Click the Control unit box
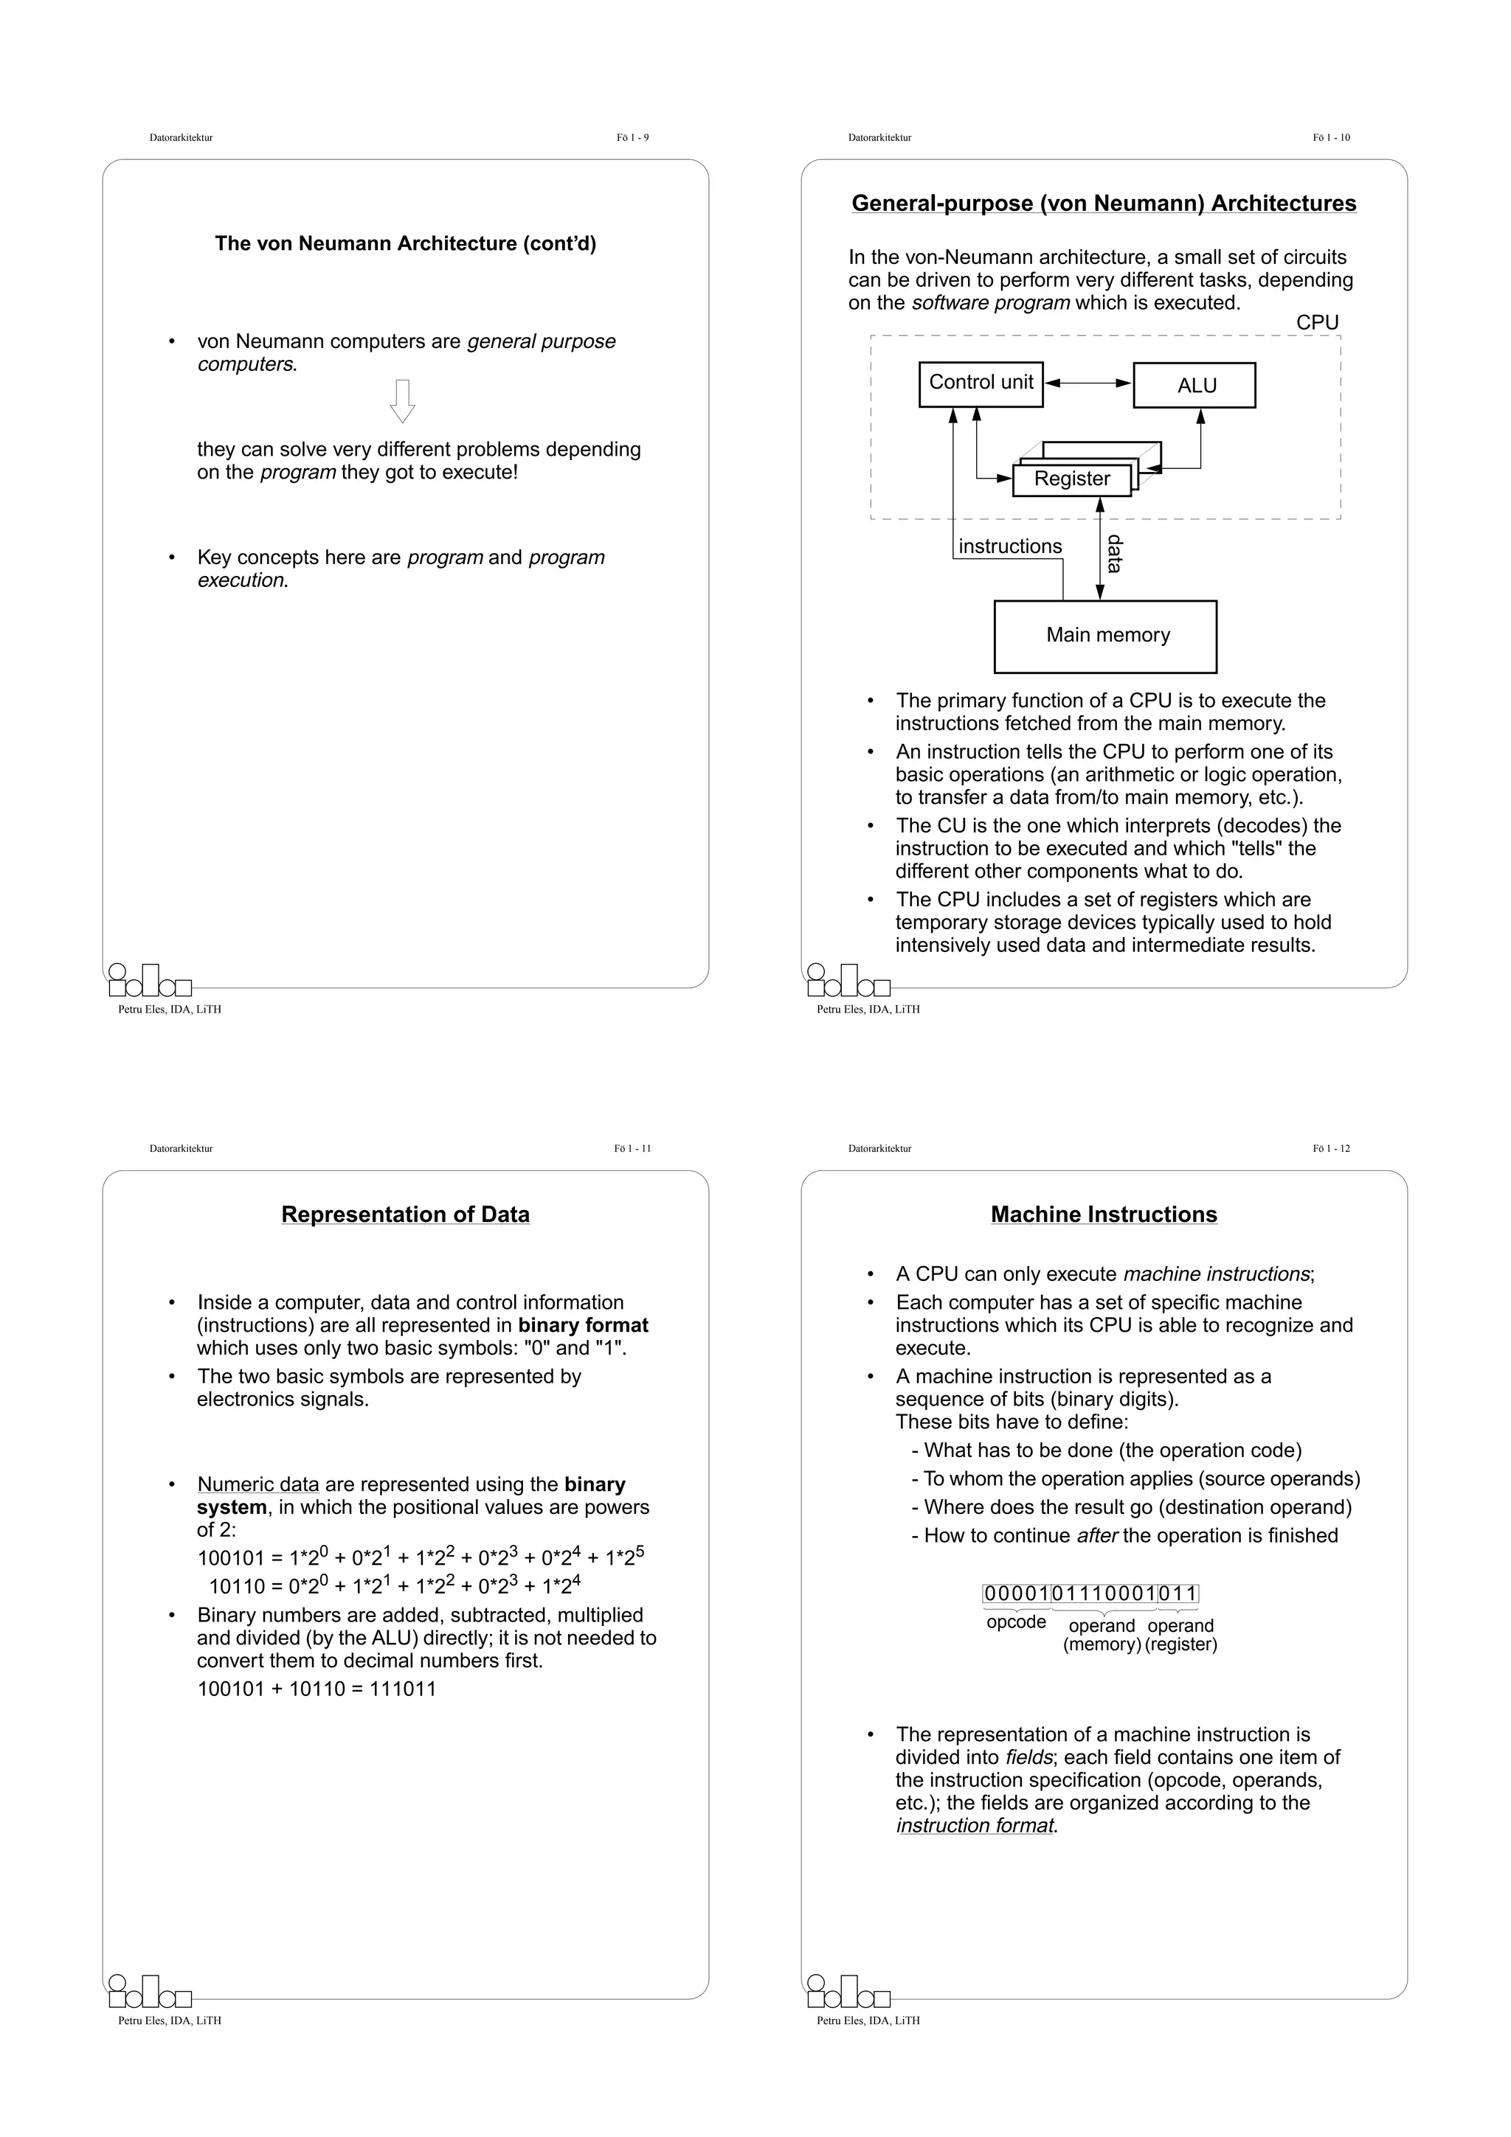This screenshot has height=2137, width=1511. [x=981, y=384]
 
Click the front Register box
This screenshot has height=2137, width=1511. [x=1071, y=479]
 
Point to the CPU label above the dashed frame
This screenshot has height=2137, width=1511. [x=1316, y=322]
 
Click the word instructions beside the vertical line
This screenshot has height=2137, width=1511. [x=1009, y=546]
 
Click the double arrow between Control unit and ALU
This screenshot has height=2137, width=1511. [x=1088, y=383]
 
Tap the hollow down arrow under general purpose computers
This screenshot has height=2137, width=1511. [x=402, y=401]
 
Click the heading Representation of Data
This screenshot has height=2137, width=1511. [x=405, y=1215]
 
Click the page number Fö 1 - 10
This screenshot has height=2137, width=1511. [x=1330, y=138]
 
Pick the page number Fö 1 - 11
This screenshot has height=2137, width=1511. [x=632, y=1149]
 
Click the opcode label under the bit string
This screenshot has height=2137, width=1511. [x=1016, y=1622]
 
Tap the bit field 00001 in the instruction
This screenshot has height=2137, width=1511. [x=1017, y=1594]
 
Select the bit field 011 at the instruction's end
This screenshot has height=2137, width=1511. [x=1178, y=1594]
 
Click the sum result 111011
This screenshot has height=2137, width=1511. [x=402, y=1689]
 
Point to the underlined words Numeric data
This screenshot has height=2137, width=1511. [x=258, y=1484]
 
